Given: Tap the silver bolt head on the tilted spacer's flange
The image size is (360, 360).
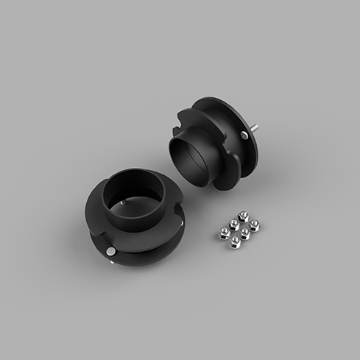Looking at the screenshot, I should [244, 135].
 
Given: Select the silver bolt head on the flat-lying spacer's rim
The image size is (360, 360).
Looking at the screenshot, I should [110, 250].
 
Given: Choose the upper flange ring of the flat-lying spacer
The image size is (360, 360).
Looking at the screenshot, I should [99, 210].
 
